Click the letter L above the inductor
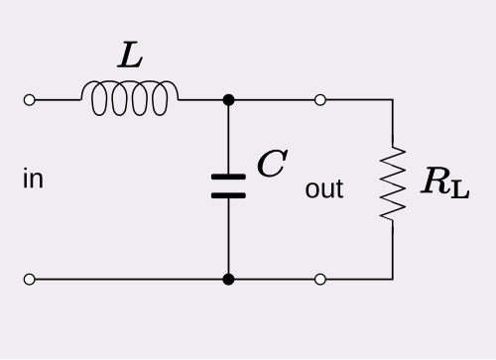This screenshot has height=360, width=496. (x=130, y=57)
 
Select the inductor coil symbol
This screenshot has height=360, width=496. (x=131, y=98)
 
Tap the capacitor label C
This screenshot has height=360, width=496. (x=270, y=165)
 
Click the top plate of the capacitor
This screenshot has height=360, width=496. (x=228, y=178)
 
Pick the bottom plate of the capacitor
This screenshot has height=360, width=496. (x=228, y=195)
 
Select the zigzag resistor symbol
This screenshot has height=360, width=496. (x=393, y=183)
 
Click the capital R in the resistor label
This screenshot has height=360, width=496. (x=434, y=181)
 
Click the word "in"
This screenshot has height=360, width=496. (x=33, y=180)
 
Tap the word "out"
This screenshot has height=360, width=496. (x=324, y=188)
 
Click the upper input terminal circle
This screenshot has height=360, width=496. (x=29, y=100)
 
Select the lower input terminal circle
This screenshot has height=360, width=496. (x=29, y=280)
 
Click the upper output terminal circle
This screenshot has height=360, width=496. (x=319, y=100)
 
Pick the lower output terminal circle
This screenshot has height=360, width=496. (x=319, y=280)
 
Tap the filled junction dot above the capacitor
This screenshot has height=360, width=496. (x=228, y=100)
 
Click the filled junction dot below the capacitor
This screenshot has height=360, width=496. (x=228, y=280)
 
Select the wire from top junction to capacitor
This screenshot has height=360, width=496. (x=228, y=139)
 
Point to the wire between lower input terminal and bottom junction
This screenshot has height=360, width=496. (x=129, y=280)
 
